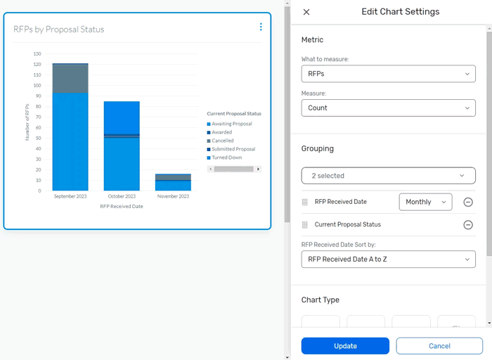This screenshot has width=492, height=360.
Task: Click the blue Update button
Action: (x=345, y=346)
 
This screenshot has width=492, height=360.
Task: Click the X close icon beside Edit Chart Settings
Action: (x=306, y=12)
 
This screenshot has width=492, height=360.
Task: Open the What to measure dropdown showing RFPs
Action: (x=388, y=73)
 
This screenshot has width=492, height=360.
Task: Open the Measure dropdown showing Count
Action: (x=388, y=108)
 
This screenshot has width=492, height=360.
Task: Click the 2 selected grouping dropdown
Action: (x=388, y=176)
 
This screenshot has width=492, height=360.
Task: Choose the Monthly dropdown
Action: (x=425, y=202)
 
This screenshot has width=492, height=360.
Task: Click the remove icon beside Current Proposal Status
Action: (x=468, y=224)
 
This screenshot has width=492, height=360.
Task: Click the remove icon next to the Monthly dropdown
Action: (x=468, y=202)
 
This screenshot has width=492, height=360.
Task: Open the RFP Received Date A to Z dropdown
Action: (x=388, y=259)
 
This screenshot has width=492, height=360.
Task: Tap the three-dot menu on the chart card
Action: (x=261, y=27)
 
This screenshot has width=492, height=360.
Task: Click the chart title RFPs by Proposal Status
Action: (x=59, y=30)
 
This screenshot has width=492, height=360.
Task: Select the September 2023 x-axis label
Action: (x=70, y=196)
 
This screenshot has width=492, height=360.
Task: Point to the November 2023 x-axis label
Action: (x=173, y=196)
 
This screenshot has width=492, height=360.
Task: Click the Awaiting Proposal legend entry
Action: (x=231, y=124)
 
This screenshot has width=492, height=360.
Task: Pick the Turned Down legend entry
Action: (x=227, y=157)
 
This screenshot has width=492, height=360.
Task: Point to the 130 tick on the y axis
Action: (x=37, y=54)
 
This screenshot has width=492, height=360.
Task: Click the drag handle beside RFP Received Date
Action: (x=305, y=202)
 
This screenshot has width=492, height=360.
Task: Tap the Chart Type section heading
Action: (x=321, y=300)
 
